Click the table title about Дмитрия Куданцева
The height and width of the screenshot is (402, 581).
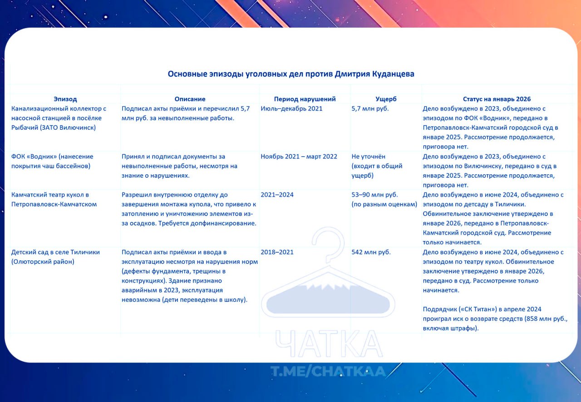coord(291,74)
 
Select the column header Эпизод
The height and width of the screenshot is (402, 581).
coord(65,99)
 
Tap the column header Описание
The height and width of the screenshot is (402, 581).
coord(190,99)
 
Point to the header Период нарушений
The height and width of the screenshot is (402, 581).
coord(305,99)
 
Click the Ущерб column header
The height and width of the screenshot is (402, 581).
coord(386,99)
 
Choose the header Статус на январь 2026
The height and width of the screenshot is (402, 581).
coord(497,99)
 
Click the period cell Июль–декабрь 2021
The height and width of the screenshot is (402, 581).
coord(291,109)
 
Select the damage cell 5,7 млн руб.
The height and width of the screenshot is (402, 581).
coord(370,109)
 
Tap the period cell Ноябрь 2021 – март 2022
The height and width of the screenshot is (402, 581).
coord(299,157)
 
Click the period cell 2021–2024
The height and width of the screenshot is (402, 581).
coord(277,195)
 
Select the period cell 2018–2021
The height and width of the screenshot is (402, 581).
coord(277,252)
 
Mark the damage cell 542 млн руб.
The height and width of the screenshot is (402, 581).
coord(371,252)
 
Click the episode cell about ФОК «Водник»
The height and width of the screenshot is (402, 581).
coord(52,161)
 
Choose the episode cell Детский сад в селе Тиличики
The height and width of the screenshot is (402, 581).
coord(55,257)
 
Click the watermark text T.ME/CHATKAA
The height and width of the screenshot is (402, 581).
coord(328,371)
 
